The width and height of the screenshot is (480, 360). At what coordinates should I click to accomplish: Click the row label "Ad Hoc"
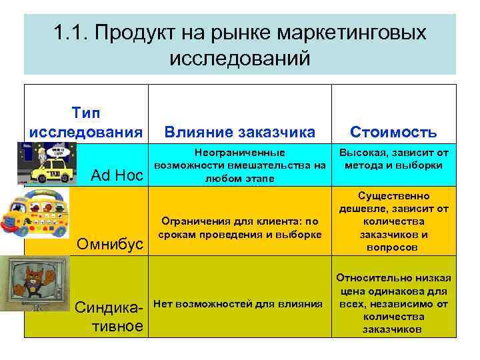[117, 177]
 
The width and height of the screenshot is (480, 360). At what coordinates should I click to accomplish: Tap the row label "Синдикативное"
[109, 317]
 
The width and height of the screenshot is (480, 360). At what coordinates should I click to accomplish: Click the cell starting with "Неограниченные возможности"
[239, 165]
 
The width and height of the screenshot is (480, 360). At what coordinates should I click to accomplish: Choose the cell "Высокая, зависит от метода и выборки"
[394, 159]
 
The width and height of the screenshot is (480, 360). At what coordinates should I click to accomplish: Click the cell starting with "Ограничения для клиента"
[239, 227]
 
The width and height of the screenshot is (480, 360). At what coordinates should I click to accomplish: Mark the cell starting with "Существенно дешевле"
[394, 222]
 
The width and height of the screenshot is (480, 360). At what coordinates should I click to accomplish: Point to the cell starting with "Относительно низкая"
[394, 303]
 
